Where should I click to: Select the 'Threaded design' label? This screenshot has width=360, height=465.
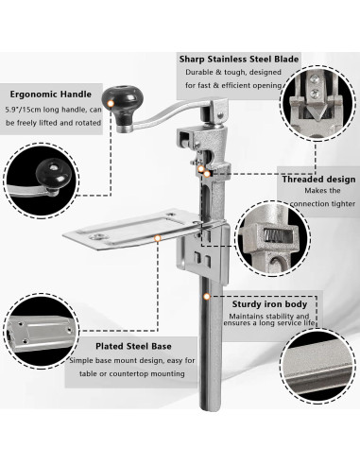[317, 179]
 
